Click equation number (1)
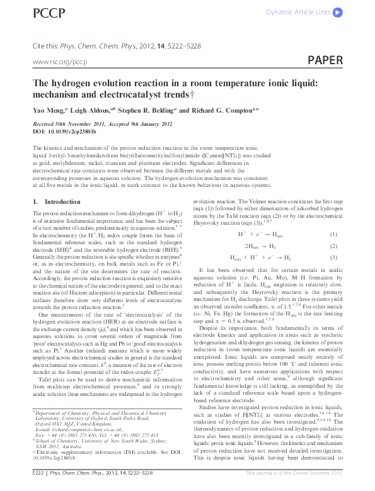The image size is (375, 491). tap(333, 234)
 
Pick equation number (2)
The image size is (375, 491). tap(333, 245)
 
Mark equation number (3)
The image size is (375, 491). tap(333, 258)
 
